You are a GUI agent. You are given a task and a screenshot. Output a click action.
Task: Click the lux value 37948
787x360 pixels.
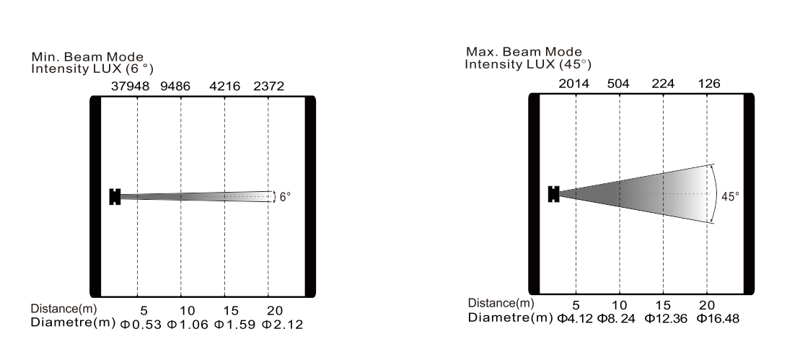click(130, 87)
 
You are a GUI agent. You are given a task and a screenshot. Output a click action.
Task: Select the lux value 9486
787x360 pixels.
click(175, 87)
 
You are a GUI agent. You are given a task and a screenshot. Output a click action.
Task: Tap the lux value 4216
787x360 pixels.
click(225, 87)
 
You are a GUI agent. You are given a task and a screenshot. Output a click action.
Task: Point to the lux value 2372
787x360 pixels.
click(268, 87)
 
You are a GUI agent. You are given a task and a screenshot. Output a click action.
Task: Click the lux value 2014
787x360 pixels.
click(573, 84)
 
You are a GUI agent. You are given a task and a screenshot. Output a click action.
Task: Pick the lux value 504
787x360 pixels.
click(618, 84)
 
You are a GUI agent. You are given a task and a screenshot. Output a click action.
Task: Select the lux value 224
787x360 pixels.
click(663, 84)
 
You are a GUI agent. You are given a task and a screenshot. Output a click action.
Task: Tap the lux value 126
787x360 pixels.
click(709, 84)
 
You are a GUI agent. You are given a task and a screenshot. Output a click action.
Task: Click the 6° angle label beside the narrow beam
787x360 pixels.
click(285, 198)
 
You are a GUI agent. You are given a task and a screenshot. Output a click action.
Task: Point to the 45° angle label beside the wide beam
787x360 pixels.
click(730, 197)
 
